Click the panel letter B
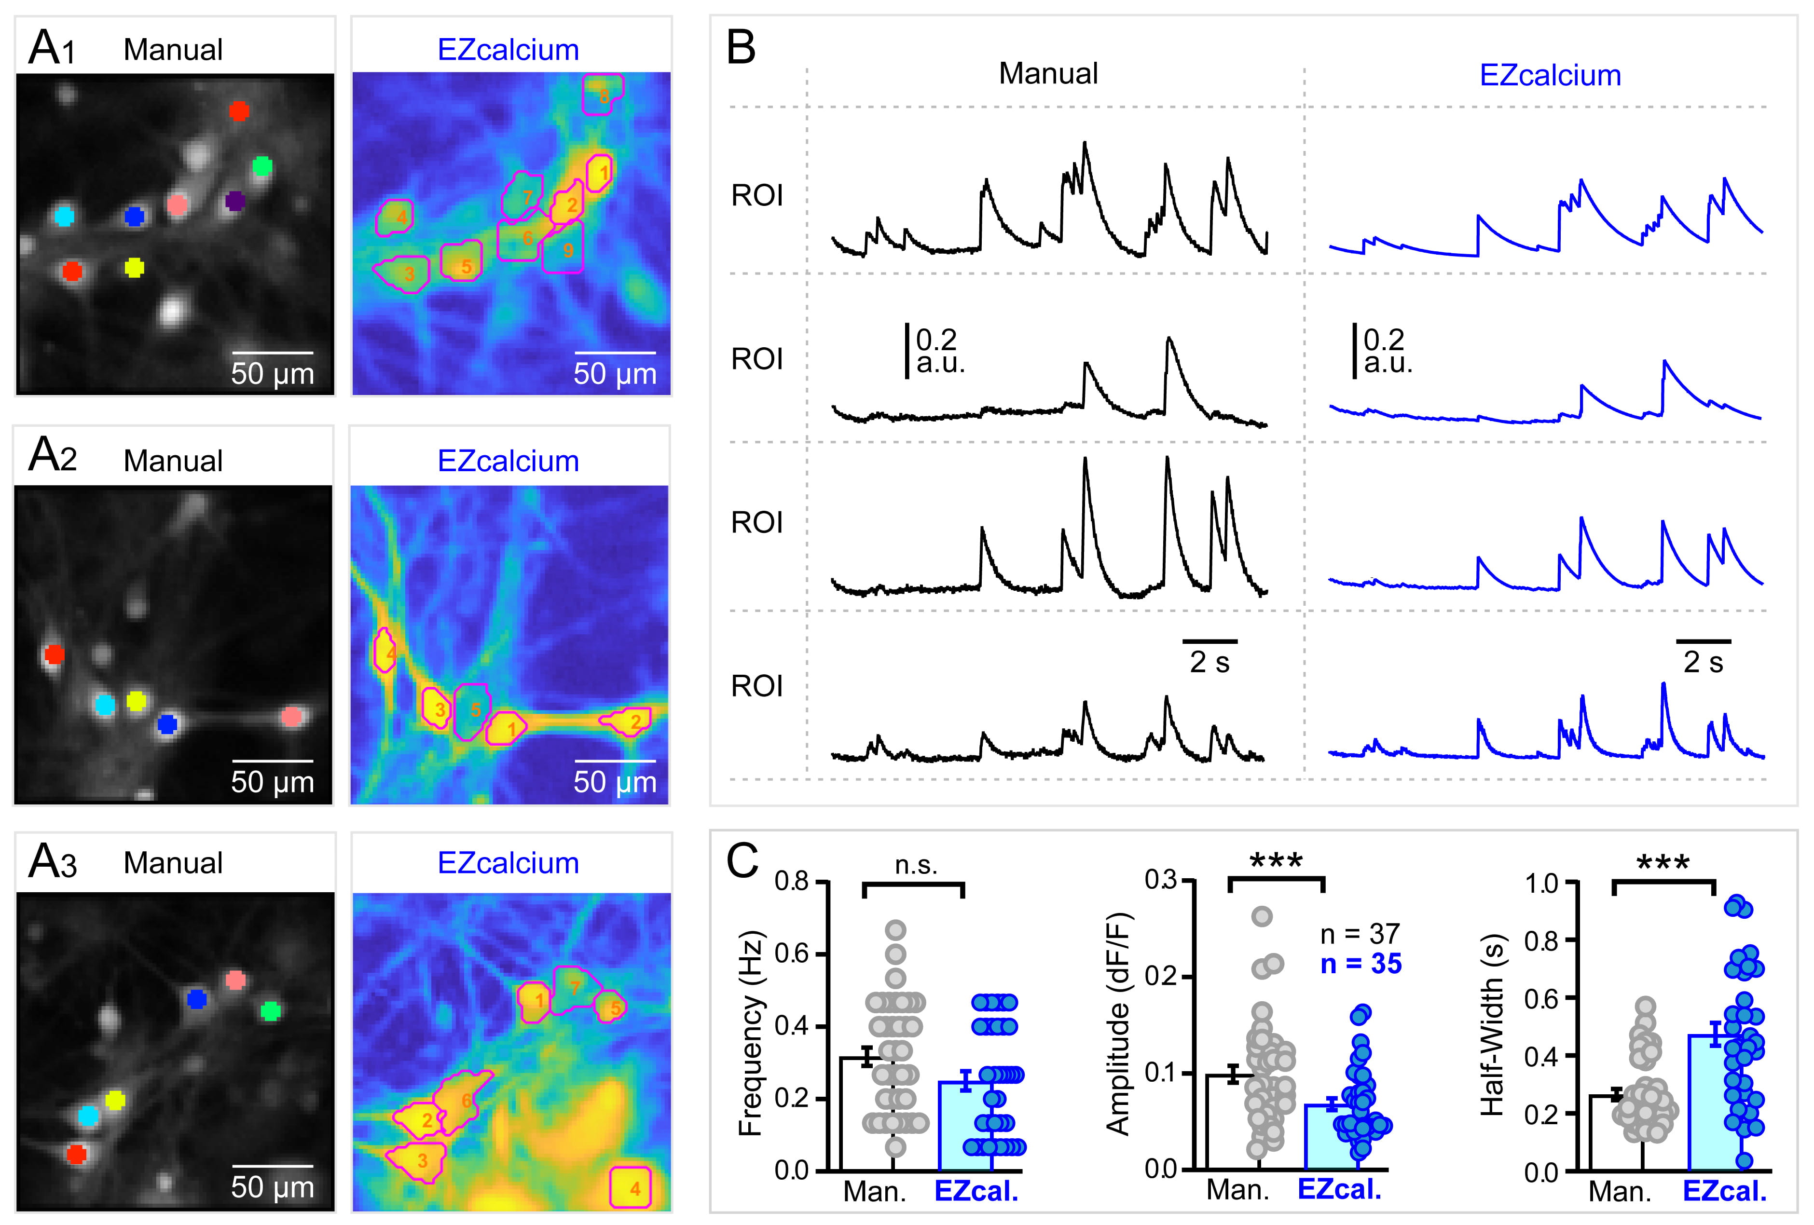741,48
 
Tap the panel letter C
742,861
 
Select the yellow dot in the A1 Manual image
134,268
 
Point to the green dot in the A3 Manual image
270,1011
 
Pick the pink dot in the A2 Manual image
292,716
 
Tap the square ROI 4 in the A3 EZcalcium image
631,1187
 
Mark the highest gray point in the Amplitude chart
1262,916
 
